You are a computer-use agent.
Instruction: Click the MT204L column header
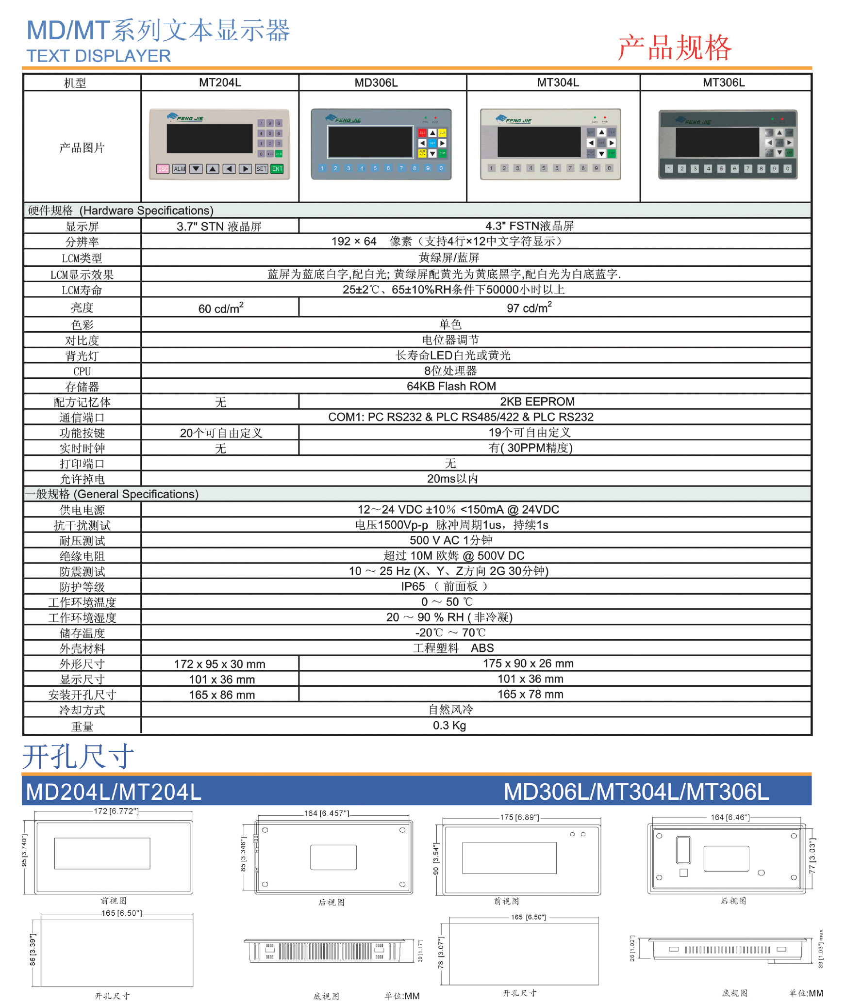(220, 82)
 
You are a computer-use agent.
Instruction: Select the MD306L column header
(376, 82)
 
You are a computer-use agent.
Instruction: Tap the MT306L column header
(724, 82)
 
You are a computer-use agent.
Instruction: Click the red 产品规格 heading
(675, 48)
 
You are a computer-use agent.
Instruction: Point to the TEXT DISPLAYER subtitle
(99, 56)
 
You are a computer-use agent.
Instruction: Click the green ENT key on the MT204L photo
(277, 169)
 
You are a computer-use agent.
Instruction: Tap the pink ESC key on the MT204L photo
(163, 169)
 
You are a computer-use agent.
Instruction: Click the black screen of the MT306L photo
(717, 142)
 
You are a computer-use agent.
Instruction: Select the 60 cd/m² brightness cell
(221, 308)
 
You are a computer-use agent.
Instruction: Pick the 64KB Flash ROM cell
(451, 386)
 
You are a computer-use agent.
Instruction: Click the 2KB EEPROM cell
(537, 402)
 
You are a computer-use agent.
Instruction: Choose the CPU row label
(82, 372)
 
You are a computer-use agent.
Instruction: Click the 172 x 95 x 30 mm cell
(220, 663)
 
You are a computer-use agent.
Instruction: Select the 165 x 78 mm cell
(530, 694)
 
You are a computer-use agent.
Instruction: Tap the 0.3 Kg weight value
(449, 725)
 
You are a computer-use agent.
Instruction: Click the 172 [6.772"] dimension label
(116, 811)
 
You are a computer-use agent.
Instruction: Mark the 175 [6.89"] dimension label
(519, 817)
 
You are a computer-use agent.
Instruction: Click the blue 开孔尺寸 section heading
(78, 756)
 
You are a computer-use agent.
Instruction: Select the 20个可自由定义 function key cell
(221, 433)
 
